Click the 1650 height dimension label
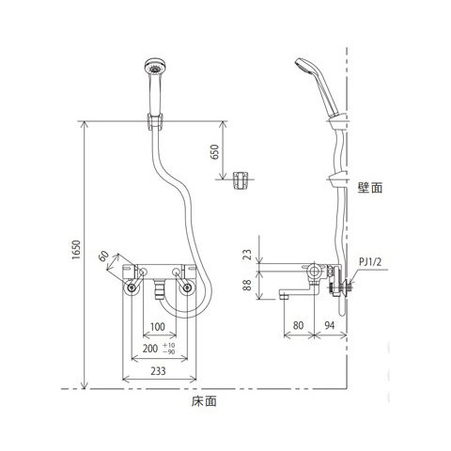[x=76, y=250]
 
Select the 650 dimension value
[x=215, y=152]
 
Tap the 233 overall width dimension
[x=158, y=371]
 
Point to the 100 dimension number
[x=158, y=327]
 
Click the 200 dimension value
[x=150, y=349]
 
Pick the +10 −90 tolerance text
[x=169, y=349]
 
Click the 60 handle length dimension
[x=103, y=256]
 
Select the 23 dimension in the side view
[x=247, y=254]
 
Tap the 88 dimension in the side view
[x=247, y=285]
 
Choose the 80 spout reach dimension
[x=298, y=325]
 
